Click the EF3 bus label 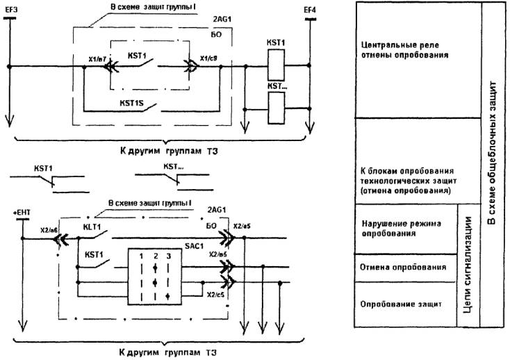[10, 8]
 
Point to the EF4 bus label [310, 8]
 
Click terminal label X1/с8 [209, 59]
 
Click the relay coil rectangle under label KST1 [278, 67]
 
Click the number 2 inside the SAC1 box [156, 256]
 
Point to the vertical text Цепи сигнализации [468, 264]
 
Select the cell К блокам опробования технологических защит [403, 180]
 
